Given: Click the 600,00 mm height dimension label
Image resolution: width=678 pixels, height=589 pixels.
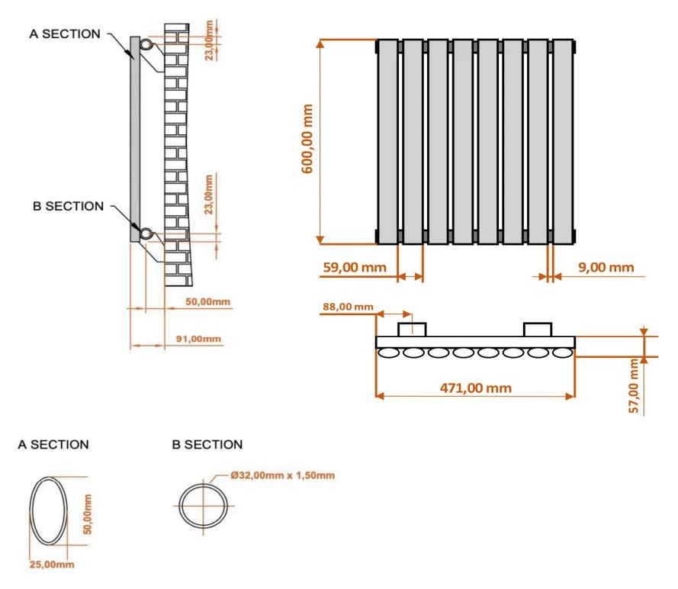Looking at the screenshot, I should pyautogui.click(x=309, y=140).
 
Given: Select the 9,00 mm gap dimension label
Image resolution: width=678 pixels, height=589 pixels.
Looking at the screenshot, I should pyautogui.click(x=606, y=267).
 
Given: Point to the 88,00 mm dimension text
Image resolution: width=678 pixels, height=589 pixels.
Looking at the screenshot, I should pyautogui.click(x=349, y=307).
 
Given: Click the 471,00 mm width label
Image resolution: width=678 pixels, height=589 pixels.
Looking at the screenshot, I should pyautogui.click(x=475, y=388).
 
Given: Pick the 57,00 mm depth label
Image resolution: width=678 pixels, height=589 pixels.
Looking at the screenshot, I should pyautogui.click(x=634, y=387).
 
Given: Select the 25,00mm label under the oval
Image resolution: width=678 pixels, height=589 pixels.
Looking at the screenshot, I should pyautogui.click(x=52, y=565).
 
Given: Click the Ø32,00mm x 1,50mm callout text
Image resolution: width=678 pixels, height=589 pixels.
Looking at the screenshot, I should pyautogui.click(x=282, y=475).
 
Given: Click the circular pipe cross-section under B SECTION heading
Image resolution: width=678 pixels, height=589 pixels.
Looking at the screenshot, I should pyautogui.click(x=204, y=505).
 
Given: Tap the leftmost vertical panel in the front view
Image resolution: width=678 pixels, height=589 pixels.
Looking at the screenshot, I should pyautogui.click(x=387, y=142).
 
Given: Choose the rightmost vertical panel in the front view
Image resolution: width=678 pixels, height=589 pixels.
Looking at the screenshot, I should pyautogui.click(x=563, y=142).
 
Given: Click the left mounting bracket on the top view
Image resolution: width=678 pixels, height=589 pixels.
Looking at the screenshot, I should pyautogui.click(x=412, y=329).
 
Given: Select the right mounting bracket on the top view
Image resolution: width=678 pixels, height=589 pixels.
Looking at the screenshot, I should pyautogui.click(x=537, y=329).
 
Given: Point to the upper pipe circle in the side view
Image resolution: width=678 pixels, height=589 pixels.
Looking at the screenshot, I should pyautogui.click(x=145, y=46).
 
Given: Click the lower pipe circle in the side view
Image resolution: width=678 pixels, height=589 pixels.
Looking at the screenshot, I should pyautogui.click(x=144, y=233).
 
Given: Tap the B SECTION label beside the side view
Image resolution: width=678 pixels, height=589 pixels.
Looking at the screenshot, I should pyautogui.click(x=68, y=206).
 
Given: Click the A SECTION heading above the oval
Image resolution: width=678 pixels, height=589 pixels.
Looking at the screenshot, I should pyautogui.click(x=53, y=444).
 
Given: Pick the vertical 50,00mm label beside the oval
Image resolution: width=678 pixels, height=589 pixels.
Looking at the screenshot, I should pyautogui.click(x=88, y=513).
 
